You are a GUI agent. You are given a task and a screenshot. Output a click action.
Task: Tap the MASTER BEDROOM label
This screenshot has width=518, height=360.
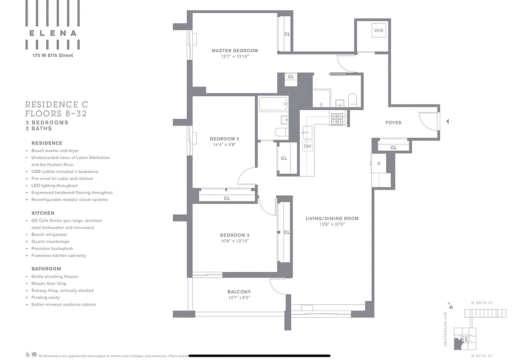(235, 51)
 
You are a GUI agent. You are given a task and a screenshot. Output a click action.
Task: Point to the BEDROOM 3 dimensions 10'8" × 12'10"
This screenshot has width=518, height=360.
(234, 241)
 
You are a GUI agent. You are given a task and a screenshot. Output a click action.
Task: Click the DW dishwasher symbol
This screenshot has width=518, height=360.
(307, 146)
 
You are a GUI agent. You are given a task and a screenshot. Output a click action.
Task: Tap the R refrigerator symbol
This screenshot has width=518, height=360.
(378, 164)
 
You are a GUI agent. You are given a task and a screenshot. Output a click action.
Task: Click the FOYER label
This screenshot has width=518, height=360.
(393, 122)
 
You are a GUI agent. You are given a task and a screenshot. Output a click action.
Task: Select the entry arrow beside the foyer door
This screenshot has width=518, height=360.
(447, 121)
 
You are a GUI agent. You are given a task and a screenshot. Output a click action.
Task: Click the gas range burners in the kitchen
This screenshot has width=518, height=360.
(337, 118)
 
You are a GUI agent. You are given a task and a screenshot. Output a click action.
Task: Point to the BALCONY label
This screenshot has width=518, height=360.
(239, 292)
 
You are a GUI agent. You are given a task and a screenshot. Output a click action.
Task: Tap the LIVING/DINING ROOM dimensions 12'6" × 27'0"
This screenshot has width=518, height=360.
(332, 225)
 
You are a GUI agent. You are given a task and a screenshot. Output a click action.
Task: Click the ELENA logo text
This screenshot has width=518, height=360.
(53, 33)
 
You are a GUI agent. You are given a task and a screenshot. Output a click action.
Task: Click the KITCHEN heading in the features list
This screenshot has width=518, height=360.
(43, 213)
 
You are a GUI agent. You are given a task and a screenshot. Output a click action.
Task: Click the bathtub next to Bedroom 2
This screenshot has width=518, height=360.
(273, 104)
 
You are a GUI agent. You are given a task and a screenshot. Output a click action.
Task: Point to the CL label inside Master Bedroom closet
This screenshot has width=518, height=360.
(287, 34)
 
